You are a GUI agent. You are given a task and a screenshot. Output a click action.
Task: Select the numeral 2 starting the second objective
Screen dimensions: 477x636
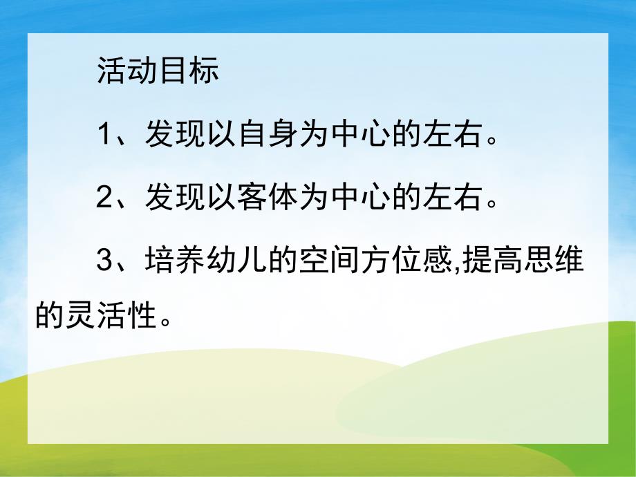(x=104, y=200)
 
